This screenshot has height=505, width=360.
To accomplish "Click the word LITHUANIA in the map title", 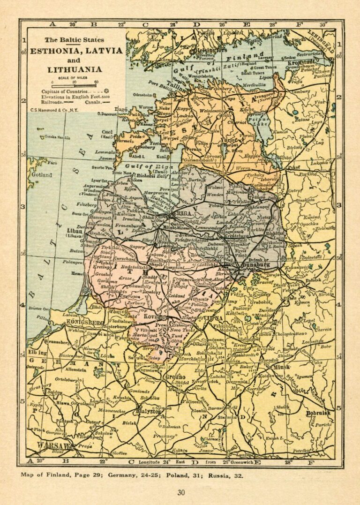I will tap(75, 69).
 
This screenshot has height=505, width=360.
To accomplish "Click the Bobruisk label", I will tap(319, 413).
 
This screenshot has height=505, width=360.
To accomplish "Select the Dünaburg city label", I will tap(254, 265).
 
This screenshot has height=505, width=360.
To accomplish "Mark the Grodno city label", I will tap(174, 377).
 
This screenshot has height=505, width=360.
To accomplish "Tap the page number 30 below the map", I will tap(181, 492).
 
